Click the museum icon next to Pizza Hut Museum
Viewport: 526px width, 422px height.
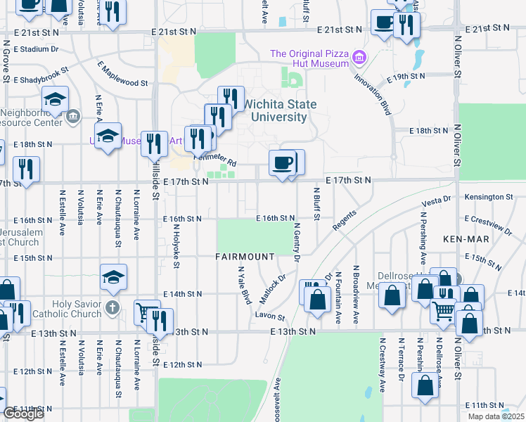click(360, 56)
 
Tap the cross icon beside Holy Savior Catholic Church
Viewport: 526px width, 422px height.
click(112, 307)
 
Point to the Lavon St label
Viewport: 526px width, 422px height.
click(270, 317)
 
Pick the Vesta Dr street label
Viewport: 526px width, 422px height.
click(436, 200)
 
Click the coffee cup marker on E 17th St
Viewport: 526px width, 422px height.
click(283, 164)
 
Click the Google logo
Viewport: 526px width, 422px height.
click(23, 414)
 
